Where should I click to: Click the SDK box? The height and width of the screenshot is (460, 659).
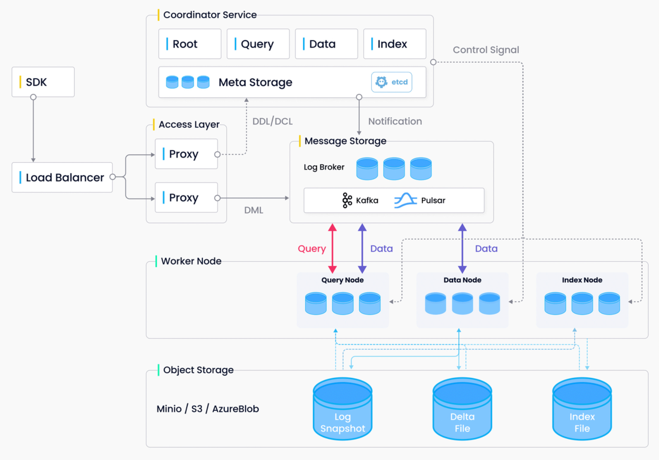click(43, 82)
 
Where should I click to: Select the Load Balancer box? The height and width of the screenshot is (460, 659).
click(62, 177)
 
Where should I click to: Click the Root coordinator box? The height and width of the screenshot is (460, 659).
click(190, 44)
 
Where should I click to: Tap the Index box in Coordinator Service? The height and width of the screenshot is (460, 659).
click(394, 44)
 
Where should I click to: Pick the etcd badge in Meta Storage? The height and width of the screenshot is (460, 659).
click(391, 82)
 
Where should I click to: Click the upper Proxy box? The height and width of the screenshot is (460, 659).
click(186, 154)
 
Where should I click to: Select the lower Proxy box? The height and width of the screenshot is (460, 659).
click(186, 198)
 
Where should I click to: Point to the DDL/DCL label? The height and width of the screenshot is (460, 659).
click(272, 121)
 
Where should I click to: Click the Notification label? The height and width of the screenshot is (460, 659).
click(395, 121)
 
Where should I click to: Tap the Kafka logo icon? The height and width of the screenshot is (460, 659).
click(347, 200)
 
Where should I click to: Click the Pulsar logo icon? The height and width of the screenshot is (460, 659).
click(405, 200)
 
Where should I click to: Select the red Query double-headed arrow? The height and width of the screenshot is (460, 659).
click(332, 248)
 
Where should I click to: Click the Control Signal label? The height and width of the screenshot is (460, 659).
click(486, 50)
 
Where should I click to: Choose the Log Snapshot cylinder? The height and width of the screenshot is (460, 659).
click(343, 409)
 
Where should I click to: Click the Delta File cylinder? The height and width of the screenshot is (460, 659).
click(462, 409)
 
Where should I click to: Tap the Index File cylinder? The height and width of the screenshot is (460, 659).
click(582, 409)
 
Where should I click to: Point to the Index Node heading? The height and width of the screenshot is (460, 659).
click(582, 280)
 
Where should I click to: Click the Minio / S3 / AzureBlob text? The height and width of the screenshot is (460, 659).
click(208, 409)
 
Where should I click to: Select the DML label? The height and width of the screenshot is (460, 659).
click(253, 210)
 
